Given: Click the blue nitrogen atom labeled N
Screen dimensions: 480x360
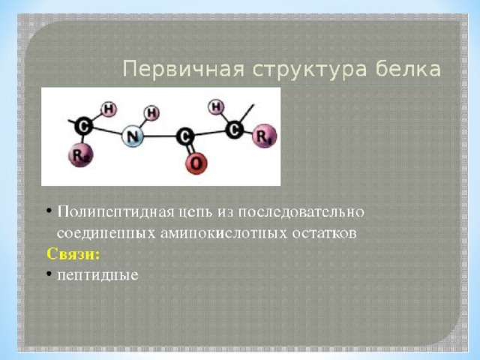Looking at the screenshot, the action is [133, 136].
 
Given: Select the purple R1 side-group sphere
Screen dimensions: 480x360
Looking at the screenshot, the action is [264, 136].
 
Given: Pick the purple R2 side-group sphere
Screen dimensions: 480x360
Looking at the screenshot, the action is [81, 155].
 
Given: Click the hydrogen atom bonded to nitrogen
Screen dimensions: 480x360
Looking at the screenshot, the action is [151, 113].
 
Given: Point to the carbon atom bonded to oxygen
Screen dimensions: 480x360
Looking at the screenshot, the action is [185, 136].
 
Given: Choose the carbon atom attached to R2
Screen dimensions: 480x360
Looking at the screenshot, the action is [83, 125].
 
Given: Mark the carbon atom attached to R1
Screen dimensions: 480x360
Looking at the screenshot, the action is [235, 129].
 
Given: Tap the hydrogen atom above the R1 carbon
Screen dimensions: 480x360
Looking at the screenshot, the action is [216, 107].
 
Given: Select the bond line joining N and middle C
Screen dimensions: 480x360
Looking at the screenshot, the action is [160, 136].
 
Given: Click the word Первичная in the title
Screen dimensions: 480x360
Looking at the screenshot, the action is [184, 69].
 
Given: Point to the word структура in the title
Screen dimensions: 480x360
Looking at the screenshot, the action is [310, 70].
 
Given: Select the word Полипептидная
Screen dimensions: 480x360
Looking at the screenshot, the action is [116, 212].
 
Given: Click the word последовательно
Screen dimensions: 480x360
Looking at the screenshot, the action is [301, 211].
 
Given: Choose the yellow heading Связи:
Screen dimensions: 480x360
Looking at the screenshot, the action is [73, 253].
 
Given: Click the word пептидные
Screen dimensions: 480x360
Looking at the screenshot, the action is [98, 275].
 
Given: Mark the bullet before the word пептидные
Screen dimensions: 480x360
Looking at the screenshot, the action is [49, 272].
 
